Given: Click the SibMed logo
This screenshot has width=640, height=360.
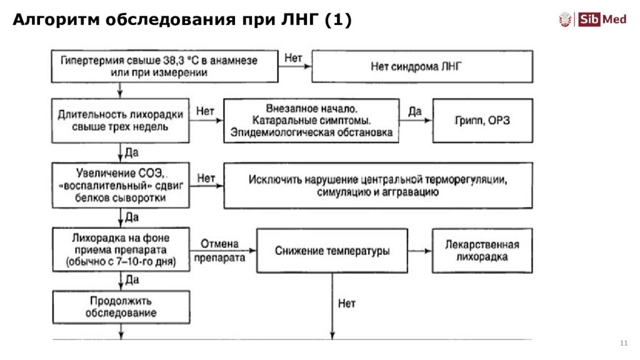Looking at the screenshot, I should click(x=592, y=20).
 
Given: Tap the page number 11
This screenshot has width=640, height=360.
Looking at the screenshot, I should click(x=623, y=344).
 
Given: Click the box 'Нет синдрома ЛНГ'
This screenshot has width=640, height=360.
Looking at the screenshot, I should click(x=422, y=66).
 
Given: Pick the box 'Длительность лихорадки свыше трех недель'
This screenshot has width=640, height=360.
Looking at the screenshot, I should click(x=120, y=121).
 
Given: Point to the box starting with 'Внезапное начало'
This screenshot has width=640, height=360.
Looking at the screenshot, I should click(x=311, y=121).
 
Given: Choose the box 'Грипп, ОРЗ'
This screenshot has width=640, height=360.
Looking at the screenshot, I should click(x=482, y=121).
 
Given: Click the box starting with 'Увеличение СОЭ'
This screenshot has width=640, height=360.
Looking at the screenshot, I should click(x=120, y=186).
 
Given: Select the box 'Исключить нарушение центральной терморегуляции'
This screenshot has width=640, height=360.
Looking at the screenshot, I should click(x=377, y=186).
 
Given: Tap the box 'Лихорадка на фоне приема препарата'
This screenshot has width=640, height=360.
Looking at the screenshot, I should click(x=120, y=251).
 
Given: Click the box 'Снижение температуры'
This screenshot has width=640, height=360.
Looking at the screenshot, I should click(x=332, y=251).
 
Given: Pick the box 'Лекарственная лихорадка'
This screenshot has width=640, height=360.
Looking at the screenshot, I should click(x=482, y=251).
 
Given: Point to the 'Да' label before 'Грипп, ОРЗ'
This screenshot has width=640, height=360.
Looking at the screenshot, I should click(x=415, y=112).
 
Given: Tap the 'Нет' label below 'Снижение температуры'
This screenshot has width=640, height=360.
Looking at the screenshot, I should click(x=346, y=304).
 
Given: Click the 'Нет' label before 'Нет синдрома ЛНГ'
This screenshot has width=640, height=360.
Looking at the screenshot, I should click(x=293, y=58).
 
